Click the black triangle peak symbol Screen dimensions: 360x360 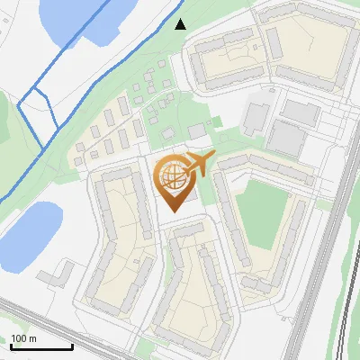180,24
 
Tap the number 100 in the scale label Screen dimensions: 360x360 19,339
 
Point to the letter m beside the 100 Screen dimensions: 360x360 33,339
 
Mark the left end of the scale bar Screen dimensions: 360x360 11,347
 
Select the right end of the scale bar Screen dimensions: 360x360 72,347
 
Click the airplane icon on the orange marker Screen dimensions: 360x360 199,166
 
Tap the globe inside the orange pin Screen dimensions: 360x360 173,177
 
